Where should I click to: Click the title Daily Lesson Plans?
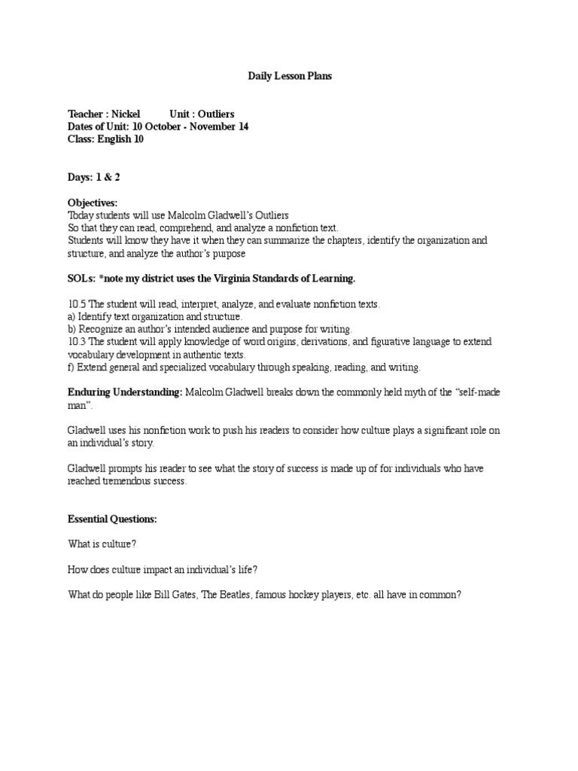pos(290,77)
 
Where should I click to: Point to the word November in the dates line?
pos(213,126)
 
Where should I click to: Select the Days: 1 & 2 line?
pos(94,176)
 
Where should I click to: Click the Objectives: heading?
pos(93,203)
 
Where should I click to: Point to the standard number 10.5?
pos(77,304)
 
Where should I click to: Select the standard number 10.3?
pos(77,342)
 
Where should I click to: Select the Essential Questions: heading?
pos(112,520)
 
